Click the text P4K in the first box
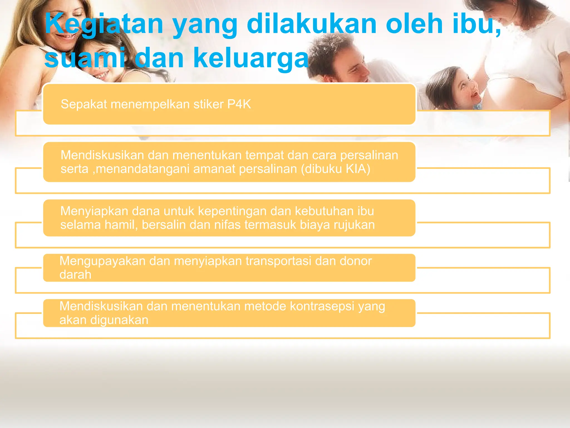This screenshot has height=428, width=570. pyautogui.click(x=239, y=104)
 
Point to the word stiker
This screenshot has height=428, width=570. pyautogui.click(x=208, y=104)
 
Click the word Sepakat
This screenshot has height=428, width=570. pyautogui.click(x=84, y=104)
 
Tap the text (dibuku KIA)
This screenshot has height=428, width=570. pyautogui.click(x=335, y=169)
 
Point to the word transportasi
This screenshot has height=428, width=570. pyautogui.click(x=278, y=261)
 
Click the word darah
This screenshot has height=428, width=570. pyautogui.click(x=75, y=275)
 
